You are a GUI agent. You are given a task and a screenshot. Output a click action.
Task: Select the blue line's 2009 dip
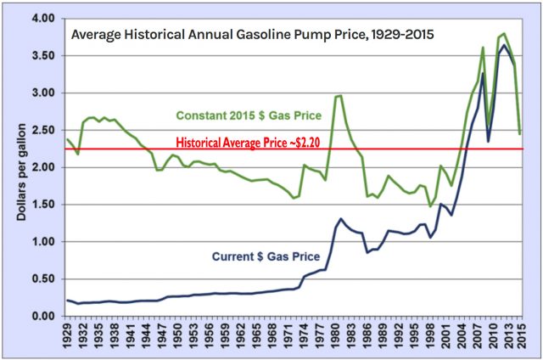488,141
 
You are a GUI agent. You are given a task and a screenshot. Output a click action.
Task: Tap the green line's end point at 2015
519,133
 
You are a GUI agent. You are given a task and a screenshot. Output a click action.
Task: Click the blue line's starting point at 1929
66,300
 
